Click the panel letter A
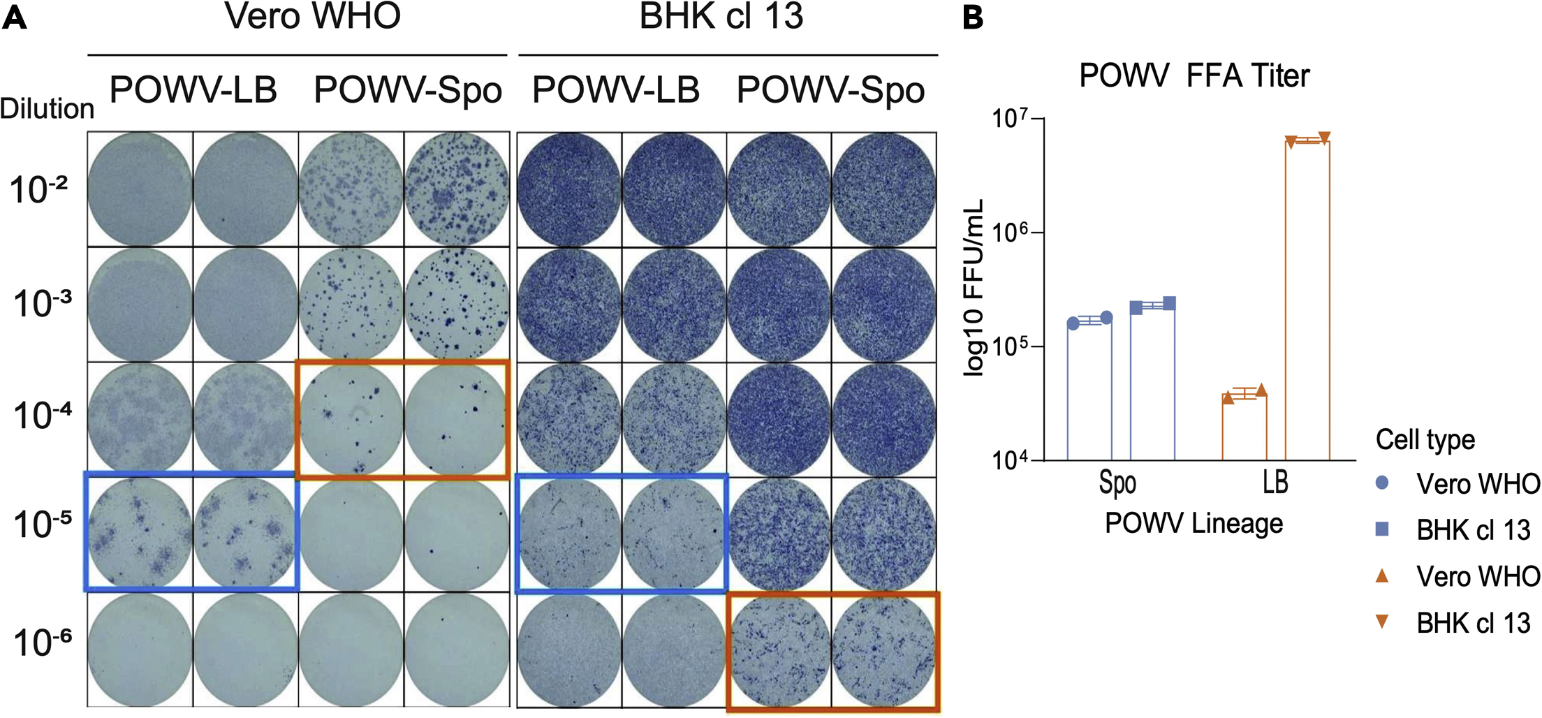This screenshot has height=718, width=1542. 15,17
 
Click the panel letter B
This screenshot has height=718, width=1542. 972,17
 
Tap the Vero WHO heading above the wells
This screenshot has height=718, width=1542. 312,16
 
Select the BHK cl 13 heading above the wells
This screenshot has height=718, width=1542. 721,16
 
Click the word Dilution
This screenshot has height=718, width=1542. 47,109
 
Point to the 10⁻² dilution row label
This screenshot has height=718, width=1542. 38,189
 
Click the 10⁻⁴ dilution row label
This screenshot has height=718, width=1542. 42,416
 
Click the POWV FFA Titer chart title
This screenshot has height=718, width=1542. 1194,75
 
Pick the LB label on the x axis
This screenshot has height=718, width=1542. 1275,482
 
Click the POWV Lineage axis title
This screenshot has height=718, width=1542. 1194,523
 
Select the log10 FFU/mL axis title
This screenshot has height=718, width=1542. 973,288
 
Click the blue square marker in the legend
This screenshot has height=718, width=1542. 1381,529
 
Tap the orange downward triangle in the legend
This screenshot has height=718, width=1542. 1381,621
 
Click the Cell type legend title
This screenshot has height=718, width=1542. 1425,439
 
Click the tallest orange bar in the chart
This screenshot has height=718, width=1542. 1307,300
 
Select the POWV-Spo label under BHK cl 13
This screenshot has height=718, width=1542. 830,91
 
